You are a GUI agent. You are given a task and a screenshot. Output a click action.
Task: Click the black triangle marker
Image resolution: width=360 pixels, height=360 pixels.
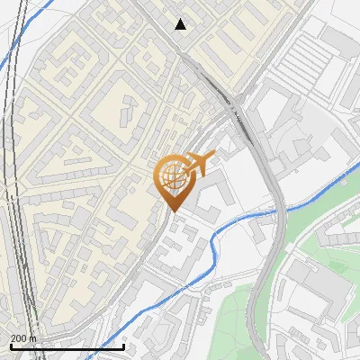(x=181, y=24)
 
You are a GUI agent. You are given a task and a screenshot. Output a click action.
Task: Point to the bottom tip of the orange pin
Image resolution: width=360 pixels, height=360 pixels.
(x=172, y=211)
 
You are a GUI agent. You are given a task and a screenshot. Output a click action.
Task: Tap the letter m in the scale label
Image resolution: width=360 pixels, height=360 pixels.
(x=33, y=337)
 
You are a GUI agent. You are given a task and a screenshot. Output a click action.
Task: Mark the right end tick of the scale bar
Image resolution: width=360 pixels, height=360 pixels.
(x=123, y=345)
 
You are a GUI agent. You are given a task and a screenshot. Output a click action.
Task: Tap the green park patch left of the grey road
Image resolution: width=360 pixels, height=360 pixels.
(x=234, y=315)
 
